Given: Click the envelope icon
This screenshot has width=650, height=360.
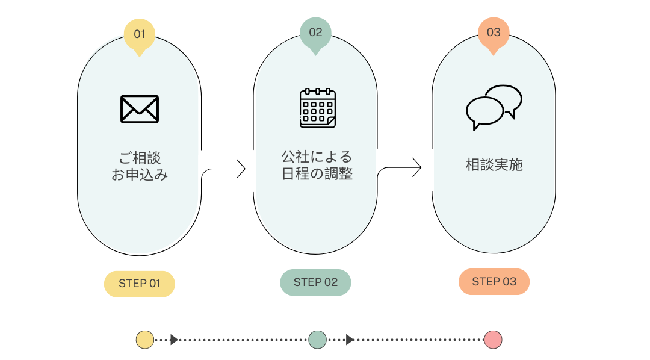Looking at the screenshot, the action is [140, 109].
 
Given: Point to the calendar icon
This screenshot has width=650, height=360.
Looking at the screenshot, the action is [318, 108].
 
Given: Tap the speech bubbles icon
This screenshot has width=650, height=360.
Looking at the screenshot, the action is [494, 108].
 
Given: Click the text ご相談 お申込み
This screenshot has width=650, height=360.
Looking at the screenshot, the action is [140, 166].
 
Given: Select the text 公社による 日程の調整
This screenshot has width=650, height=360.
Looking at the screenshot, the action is [317, 165].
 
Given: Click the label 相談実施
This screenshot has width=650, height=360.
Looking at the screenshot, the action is [494, 165].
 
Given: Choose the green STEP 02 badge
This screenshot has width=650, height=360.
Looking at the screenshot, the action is [315, 282].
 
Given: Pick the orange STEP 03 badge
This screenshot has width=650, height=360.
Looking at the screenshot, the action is [494, 282].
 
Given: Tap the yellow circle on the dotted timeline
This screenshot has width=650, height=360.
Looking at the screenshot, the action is [145, 340].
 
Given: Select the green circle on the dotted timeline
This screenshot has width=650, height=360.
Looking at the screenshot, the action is [318, 340].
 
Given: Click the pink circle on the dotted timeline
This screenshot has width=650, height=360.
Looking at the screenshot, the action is [493, 340].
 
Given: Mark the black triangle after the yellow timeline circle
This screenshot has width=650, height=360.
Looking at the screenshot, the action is [174, 340].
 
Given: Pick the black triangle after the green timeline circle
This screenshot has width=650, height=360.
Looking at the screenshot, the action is [350, 340].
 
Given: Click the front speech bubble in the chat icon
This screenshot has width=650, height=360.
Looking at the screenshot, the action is [484, 113].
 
